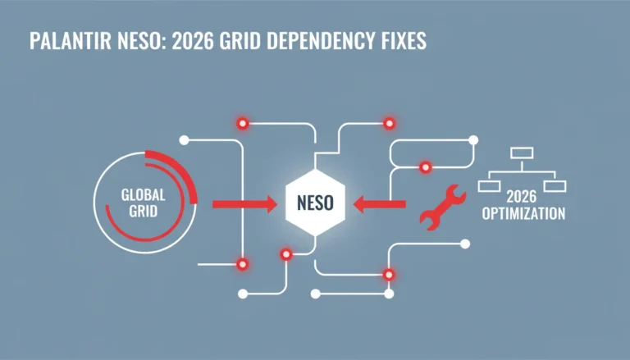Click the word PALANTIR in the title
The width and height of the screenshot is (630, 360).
pyautogui.click(x=71, y=40)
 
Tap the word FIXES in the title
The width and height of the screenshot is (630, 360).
pyautogui.click(x=404, y=40)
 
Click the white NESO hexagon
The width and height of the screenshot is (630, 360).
pyautogui.click(x=315, y=203)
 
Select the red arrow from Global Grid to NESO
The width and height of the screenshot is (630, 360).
pyautogui.click(x=244, y=204)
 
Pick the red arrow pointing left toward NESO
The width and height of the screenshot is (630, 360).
pyautogui.click(x=379, y=204)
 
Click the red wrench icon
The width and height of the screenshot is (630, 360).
pyautogui.click(x=442, y=207)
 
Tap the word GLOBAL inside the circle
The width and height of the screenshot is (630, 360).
pyautogui.click(x=143, y=195)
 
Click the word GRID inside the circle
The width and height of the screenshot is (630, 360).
pyautogui.click(x=143, y=212)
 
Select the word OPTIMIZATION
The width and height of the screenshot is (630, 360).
pyautogui.click(x=523, y=213)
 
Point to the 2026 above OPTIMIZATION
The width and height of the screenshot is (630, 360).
pyautogui.click(x=521, y=197)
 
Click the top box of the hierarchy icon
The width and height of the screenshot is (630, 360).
pyautogui.click(x=522, y=153)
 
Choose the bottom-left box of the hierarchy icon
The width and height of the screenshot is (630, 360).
pyautogui.click(x=490, y=186)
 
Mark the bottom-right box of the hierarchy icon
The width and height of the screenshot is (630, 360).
pyautogui.click(x=555, y=186)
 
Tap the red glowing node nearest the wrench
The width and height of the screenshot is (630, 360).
pyautogui.click(x=426, y=167)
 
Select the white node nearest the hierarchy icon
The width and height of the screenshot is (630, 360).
pyautogui.click(x=473, y=140)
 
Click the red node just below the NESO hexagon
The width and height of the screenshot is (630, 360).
pyautogui.click(x=286, y=254)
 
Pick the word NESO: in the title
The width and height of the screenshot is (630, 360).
pyautogui.click(x=142, y=40)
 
